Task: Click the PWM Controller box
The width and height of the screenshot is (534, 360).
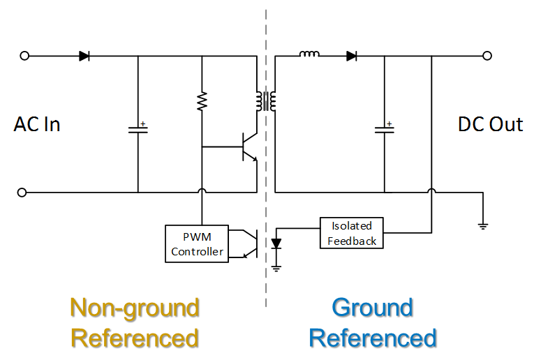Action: (198, 243)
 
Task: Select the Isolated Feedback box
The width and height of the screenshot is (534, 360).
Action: (352, 233)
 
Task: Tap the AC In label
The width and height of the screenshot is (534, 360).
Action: (37, 125)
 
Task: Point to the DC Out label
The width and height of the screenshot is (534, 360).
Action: (490, 125)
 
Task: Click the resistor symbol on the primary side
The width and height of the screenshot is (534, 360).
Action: (202, 102)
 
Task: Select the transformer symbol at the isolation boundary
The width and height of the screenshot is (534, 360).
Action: (265, 102)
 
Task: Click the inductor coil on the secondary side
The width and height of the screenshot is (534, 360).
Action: (309, 55)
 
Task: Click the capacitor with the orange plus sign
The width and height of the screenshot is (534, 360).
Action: (138, 129)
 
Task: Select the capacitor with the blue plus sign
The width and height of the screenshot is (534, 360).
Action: (384, 128)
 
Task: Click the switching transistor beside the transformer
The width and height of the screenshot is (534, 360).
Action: (249, 147)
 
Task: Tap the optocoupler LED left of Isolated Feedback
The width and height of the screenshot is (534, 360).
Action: (276, 243)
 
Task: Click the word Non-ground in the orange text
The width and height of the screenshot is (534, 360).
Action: (135, 308)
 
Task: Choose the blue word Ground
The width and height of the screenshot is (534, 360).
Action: (372, 308)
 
